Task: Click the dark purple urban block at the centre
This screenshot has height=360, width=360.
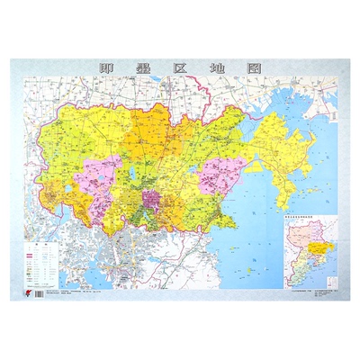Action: (x=148, y=200)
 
